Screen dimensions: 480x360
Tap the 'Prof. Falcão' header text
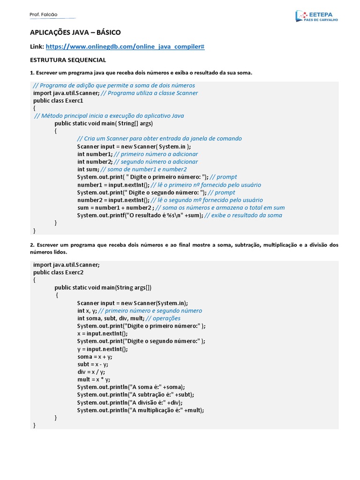[43, 15]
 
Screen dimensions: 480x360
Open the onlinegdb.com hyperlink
[125, 46]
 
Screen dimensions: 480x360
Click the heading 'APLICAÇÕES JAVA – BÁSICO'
[75, 32]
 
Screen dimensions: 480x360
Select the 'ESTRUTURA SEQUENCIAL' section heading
[67, 60]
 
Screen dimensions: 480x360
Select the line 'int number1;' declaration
[95, 154]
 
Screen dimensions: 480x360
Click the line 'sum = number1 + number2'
[115, 208]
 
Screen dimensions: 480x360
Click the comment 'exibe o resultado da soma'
[244, 215]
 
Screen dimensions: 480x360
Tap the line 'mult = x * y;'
[94, 379]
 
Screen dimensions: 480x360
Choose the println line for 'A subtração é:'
[135, 395]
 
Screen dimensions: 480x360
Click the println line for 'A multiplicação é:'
[141, 410]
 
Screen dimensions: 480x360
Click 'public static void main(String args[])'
[103, 287]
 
